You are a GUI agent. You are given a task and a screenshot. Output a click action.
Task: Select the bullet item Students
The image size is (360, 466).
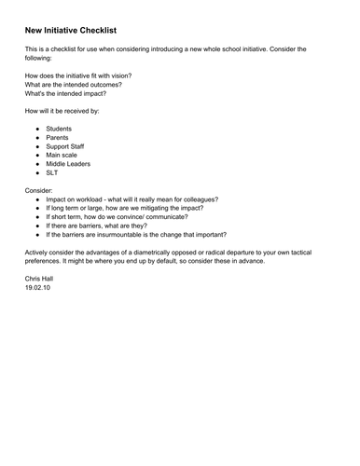(60, 129)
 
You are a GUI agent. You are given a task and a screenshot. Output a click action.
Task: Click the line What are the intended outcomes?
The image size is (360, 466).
(73, 85)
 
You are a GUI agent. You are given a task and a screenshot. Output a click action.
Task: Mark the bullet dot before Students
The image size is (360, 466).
(38, 129)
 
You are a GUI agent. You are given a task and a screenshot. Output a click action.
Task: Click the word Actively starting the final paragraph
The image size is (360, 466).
(39, 252)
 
